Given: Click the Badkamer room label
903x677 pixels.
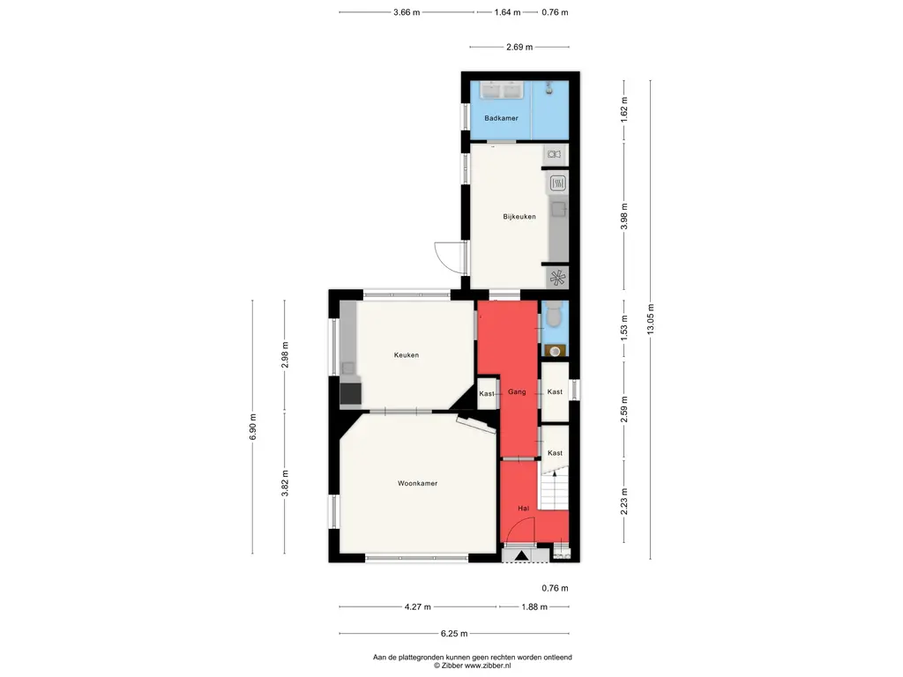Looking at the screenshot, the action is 501,118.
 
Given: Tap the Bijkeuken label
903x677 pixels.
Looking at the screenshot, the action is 519,217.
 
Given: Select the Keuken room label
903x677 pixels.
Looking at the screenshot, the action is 406,355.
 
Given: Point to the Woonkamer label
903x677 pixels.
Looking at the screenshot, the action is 417,484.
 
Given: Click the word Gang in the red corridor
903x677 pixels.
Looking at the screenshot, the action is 517,392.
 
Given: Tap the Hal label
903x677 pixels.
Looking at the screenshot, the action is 523,509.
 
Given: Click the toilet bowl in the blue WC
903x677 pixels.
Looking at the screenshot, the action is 554,316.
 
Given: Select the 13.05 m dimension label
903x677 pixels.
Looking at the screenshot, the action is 651,319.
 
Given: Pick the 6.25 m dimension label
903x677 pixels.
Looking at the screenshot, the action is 454,634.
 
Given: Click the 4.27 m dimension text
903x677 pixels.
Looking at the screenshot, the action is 417,606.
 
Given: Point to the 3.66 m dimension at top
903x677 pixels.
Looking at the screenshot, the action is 407,12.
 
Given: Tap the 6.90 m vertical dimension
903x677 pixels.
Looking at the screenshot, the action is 252,428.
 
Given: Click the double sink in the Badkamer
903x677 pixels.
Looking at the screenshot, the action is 501,91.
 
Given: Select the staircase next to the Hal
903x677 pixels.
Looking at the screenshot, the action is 554,490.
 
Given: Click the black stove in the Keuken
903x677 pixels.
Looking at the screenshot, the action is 350,394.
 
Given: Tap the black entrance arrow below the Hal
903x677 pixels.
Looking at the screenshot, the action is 522,555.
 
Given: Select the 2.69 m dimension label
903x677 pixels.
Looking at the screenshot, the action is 519,48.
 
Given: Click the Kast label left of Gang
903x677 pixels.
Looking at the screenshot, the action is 487,394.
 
